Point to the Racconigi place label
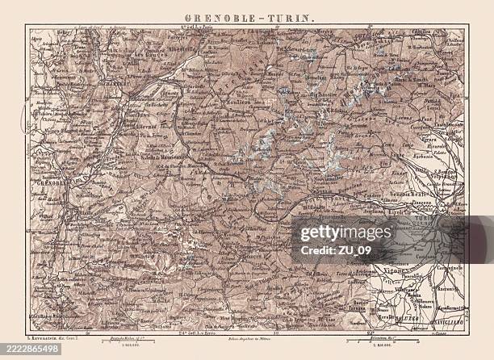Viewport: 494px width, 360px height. click(442, 288)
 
